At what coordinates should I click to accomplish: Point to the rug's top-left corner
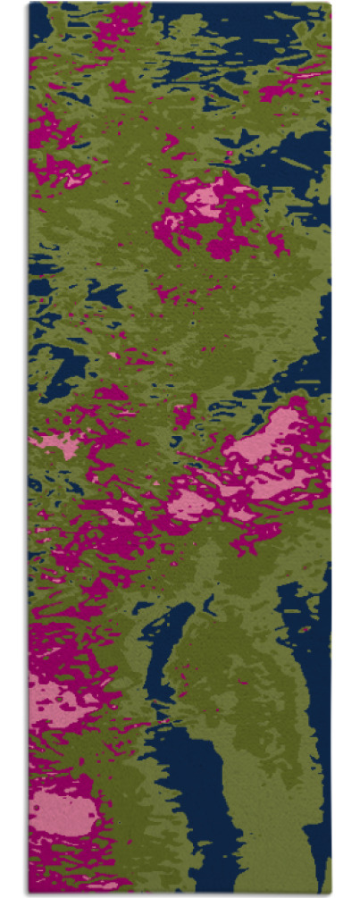click(x=29, y=4)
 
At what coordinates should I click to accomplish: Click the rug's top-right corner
click(x=330, y=4)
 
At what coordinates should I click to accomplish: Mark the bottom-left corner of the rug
click(x=29, y=891)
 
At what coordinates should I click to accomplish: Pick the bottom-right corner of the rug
click(x=330, y=891)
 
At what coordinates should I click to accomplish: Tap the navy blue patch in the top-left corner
click(x=40, y=27)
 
